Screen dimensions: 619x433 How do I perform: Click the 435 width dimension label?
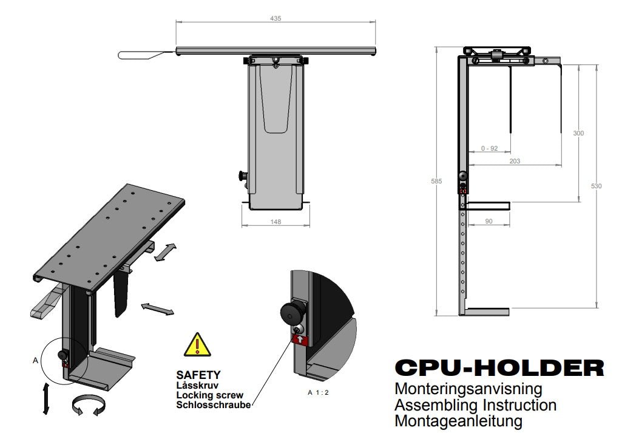[x=276, y=19]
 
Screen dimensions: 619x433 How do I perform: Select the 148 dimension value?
[x=276, y=222]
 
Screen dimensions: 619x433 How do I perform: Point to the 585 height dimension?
[x=436, y=182]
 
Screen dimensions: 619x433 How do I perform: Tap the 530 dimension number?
[x=596, y=186]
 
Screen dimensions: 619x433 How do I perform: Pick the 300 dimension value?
[x=578, y=133]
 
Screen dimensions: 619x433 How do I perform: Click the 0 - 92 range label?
[x=490, y=149]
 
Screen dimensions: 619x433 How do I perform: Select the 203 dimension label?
[x=515, y=161]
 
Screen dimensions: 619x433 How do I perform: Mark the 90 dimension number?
[x=489, y=221]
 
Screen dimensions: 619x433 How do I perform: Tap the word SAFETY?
[x=198, y=375]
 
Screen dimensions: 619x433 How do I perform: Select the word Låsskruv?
[x=197, y=385]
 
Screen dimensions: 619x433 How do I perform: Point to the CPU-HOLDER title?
[x=499, y=368]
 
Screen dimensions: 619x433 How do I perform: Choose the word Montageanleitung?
[x=458, y=421]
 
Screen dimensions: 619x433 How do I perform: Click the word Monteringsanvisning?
[x=468, y=389]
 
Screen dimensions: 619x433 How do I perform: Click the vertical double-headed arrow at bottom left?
[x=46, y=398]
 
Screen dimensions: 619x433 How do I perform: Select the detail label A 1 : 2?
[x=318, y=393]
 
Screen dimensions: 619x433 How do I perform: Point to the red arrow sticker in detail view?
[x=300, y=339]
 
